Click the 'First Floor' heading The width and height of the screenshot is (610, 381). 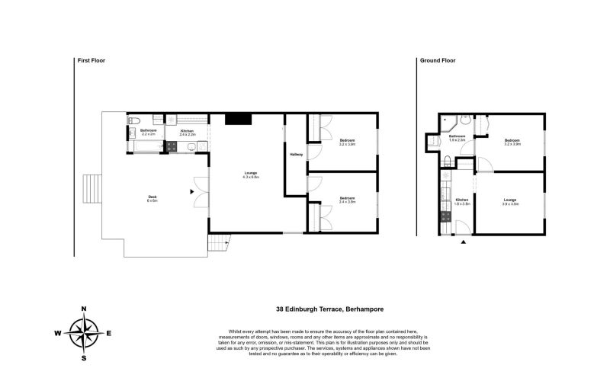[x=91, y=60]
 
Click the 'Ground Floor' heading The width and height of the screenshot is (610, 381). [x=437, y=60]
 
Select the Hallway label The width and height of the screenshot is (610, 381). [x=297, y=155]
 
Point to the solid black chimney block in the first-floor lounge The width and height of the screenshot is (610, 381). [x=239, y=118]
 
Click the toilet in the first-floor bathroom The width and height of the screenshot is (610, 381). [x=134, y=120]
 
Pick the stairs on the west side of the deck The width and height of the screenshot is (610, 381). [x=91, y=188]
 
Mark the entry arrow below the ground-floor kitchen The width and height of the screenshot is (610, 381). [x=464, y=242]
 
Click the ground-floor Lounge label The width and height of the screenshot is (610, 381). [x=509, y=201]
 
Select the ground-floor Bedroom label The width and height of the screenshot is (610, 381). [x=512, y=142]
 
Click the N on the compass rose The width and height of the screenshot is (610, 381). [x=84, y=309]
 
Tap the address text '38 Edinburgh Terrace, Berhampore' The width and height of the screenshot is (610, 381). [x=329, y=309]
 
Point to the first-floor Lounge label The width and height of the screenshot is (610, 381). [x=251, y=174]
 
